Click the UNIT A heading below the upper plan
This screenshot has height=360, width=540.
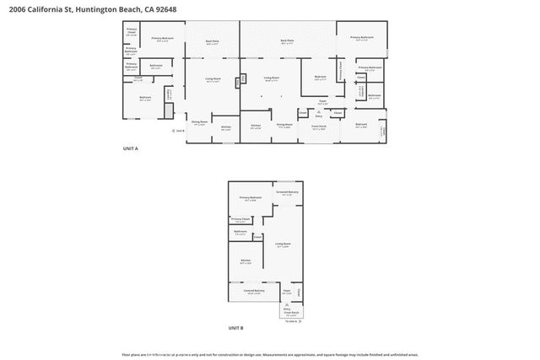click(x=131, y=148)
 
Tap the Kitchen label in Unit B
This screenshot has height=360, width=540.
click(x=246, y=260)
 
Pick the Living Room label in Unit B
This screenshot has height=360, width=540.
click(x=283, y=244)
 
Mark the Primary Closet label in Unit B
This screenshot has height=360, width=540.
click(x=240, y=218)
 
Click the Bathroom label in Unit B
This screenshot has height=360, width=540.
click(x=240, y=230)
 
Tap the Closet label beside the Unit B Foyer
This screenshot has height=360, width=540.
click(x=300, y=293)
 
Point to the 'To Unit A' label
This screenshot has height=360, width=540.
click(x=290, y=321)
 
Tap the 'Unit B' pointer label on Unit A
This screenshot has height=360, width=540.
click(x=181, y=131)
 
